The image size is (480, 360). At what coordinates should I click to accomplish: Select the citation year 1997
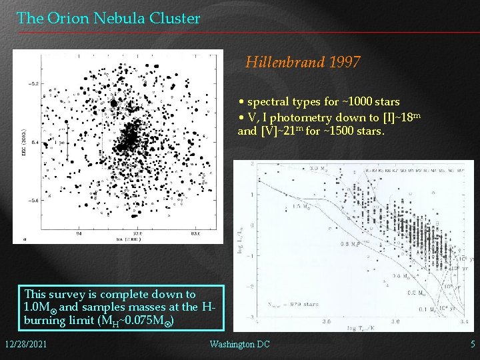(x=345, y=63)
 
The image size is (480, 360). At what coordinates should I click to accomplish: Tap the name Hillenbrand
(x=285, y=63)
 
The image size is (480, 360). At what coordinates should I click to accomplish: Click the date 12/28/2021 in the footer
(x=25, y=344)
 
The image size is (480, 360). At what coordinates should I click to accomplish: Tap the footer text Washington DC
(x=239, y=344)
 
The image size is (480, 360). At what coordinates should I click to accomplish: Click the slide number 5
(x=472, y=344)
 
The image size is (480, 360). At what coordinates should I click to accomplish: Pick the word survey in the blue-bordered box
(x=73, y=294)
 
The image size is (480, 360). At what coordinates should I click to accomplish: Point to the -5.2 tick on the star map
(x=33, y=83)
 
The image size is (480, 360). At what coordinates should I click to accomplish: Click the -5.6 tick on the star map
(x=33, y=200)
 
